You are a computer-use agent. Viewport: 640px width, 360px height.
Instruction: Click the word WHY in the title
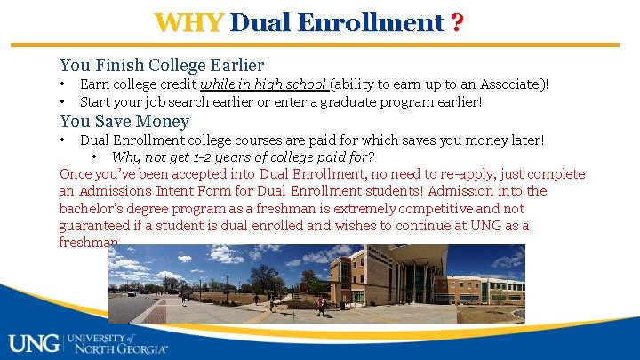(188, 22)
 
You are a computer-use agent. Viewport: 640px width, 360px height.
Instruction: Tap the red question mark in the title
(456, 22)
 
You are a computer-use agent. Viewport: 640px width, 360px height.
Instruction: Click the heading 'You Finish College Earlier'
(161, 65)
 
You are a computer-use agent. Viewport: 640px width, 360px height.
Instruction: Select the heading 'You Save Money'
(124, 121)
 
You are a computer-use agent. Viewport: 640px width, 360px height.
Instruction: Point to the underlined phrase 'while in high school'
(264, 84)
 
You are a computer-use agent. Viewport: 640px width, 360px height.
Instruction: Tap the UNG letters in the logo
(33, 342)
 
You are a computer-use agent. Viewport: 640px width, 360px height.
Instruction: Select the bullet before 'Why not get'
(94, 156)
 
